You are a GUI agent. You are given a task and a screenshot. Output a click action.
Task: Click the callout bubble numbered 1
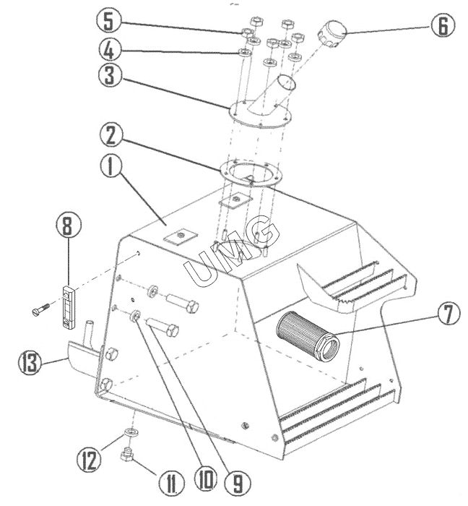110,166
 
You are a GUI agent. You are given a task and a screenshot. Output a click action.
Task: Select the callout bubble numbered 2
110,136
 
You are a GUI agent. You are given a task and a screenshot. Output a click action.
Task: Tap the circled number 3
109,75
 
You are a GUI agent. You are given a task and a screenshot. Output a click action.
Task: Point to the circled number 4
109,51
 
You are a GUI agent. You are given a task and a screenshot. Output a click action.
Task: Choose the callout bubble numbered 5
108,22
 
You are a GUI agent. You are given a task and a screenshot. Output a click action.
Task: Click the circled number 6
443,26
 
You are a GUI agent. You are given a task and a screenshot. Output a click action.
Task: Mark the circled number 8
68,226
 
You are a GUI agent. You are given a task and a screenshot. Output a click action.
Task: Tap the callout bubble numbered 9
238,483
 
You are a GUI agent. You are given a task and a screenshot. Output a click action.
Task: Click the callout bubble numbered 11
171,483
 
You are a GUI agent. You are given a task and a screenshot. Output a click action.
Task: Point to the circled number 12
88,460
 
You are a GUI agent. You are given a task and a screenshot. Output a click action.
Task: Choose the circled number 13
30,363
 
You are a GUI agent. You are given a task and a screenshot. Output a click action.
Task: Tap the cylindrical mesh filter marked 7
308,337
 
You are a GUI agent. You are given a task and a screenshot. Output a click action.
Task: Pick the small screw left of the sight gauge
41,309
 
